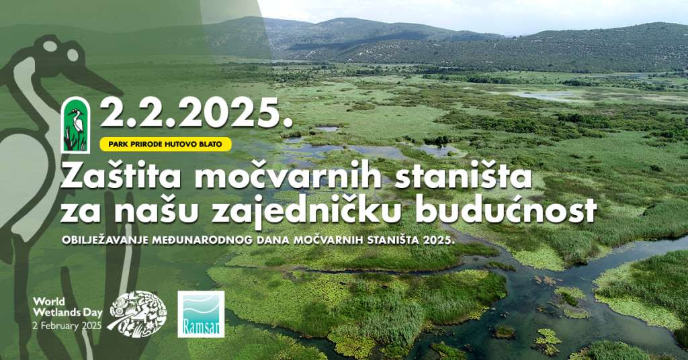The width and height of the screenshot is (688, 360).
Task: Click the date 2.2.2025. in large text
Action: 196,112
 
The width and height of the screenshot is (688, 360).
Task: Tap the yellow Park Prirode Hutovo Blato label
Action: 165,144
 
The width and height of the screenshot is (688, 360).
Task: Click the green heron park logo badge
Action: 75,125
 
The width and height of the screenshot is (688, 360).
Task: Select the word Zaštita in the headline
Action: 121,177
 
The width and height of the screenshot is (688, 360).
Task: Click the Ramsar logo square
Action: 201,314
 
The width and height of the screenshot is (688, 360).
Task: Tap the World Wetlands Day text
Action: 68,307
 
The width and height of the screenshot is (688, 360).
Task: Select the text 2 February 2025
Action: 67,326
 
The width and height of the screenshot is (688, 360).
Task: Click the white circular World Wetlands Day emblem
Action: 137,314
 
